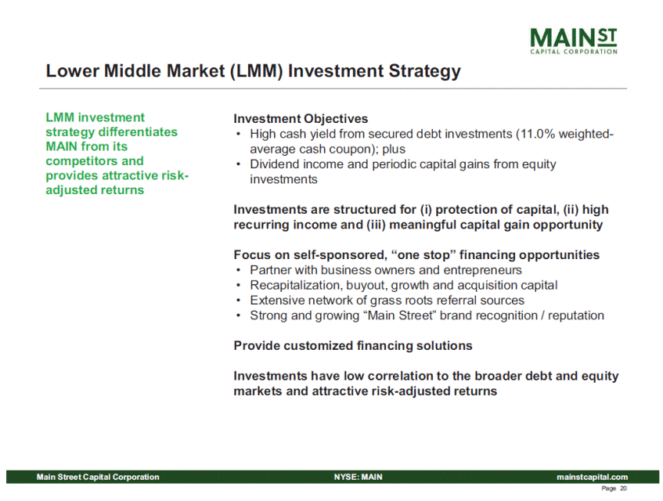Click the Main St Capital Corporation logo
(574, 41)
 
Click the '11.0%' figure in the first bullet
(538, 134)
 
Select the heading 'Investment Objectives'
(301, 119)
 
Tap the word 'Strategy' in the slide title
(424, 71)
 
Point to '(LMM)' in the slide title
(256, 70)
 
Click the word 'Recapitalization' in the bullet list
(296, 286)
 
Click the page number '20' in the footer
(624, 488)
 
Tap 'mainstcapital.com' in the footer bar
(592, 477)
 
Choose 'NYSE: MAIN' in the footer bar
(358, 477)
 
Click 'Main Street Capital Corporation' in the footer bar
(98, 477)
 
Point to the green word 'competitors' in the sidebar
(78, 161)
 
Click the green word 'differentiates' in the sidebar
(138, 132)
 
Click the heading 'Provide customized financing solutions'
(353, 346)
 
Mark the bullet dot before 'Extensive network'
(239, 301)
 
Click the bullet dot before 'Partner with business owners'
(239, 270)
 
